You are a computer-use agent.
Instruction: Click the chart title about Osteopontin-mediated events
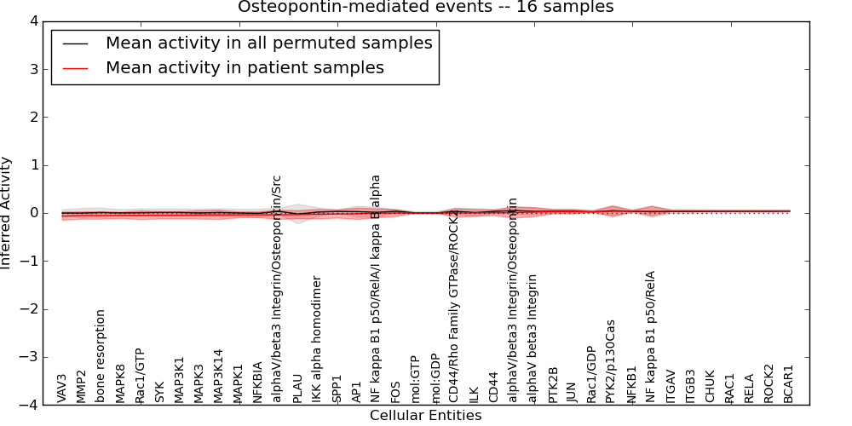(x=425, y=8)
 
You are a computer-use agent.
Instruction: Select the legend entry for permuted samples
(x=268, y=43)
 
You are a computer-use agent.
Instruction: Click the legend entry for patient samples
(x=245, y=67)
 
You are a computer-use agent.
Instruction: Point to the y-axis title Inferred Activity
(x=7, y=213)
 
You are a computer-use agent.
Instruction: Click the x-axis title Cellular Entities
(x=425, y=416)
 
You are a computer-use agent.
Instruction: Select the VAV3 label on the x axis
(x=61, y=388)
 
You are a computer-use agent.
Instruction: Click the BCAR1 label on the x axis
(x=789, y=384)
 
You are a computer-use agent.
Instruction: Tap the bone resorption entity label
(x=101, y=355)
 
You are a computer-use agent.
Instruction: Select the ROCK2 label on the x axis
(x=769, y=383)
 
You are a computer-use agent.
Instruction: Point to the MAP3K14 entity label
(x=218, y=376)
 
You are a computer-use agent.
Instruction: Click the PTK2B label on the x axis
(x=553, y=384)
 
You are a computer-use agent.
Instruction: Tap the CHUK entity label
(x=710, y=386)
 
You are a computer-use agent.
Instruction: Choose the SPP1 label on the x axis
(x=337, y=389)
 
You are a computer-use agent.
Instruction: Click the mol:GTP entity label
(x=415, y=379)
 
